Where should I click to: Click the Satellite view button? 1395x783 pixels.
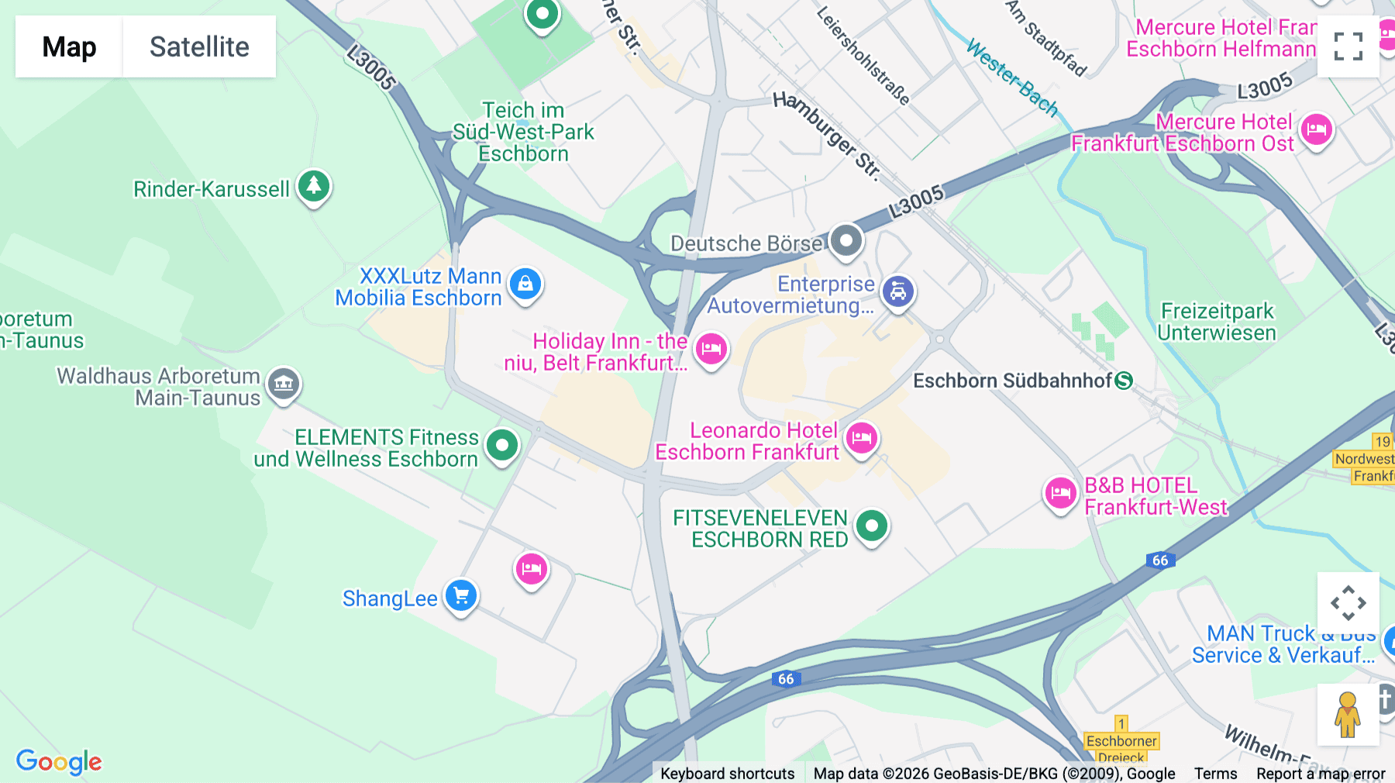coord(199,47)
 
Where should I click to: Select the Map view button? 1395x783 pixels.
coord(69,47)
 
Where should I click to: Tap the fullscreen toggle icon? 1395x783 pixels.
coord(1348,47)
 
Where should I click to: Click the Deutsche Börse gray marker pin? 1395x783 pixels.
coord(846,240)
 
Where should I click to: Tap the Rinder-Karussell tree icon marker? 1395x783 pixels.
coord(314,186)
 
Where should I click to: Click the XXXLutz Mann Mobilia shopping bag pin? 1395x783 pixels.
coord(525,285)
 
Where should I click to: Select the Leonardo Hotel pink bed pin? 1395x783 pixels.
coord(861,439)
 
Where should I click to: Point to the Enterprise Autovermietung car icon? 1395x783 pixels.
coord(898,292)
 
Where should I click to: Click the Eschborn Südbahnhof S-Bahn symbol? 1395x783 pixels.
coord(1124,381)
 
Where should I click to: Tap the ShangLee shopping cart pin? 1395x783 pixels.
coord(461,596)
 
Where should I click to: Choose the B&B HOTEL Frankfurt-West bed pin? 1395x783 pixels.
coord(1060,493)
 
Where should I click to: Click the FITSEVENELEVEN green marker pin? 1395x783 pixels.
coord(872,526)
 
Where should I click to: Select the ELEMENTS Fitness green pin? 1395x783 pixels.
coord(502,446)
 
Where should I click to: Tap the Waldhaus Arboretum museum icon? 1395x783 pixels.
coord(284,384)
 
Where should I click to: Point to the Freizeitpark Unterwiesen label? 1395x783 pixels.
coord(1216,322)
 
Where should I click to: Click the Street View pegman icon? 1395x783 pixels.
coord(1348,715)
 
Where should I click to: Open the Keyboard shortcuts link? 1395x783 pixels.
coord(727,774)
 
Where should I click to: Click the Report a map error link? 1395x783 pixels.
coord(1320,774)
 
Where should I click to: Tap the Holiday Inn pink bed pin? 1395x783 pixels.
coord(711,349)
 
